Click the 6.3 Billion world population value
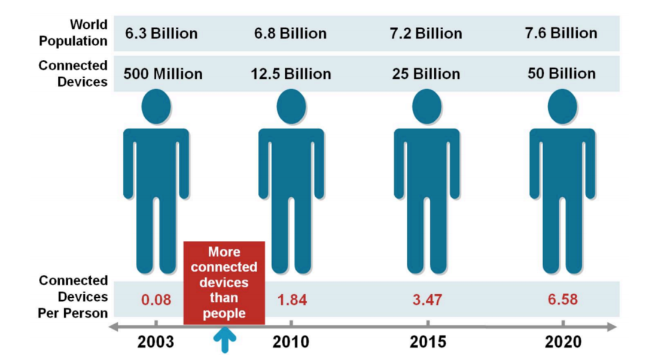(161, 33)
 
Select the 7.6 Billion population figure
(561, 33)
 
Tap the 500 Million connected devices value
(163, 74)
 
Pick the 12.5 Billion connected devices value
(291, 74)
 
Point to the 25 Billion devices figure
(426, 74)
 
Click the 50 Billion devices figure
(562, 74)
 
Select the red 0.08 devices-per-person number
(156, 300)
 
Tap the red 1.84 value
(292, 300)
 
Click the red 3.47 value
(427, 300)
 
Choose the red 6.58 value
(563, 300)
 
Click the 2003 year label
(156, 342)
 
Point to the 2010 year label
(291, 342)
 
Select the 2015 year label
(428, 342)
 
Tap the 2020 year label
(563, 342)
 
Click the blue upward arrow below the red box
(224, 340)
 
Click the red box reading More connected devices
(224, 283)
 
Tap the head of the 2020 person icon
(562, 106)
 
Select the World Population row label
(73, 33)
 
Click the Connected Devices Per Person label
(73, 297)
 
